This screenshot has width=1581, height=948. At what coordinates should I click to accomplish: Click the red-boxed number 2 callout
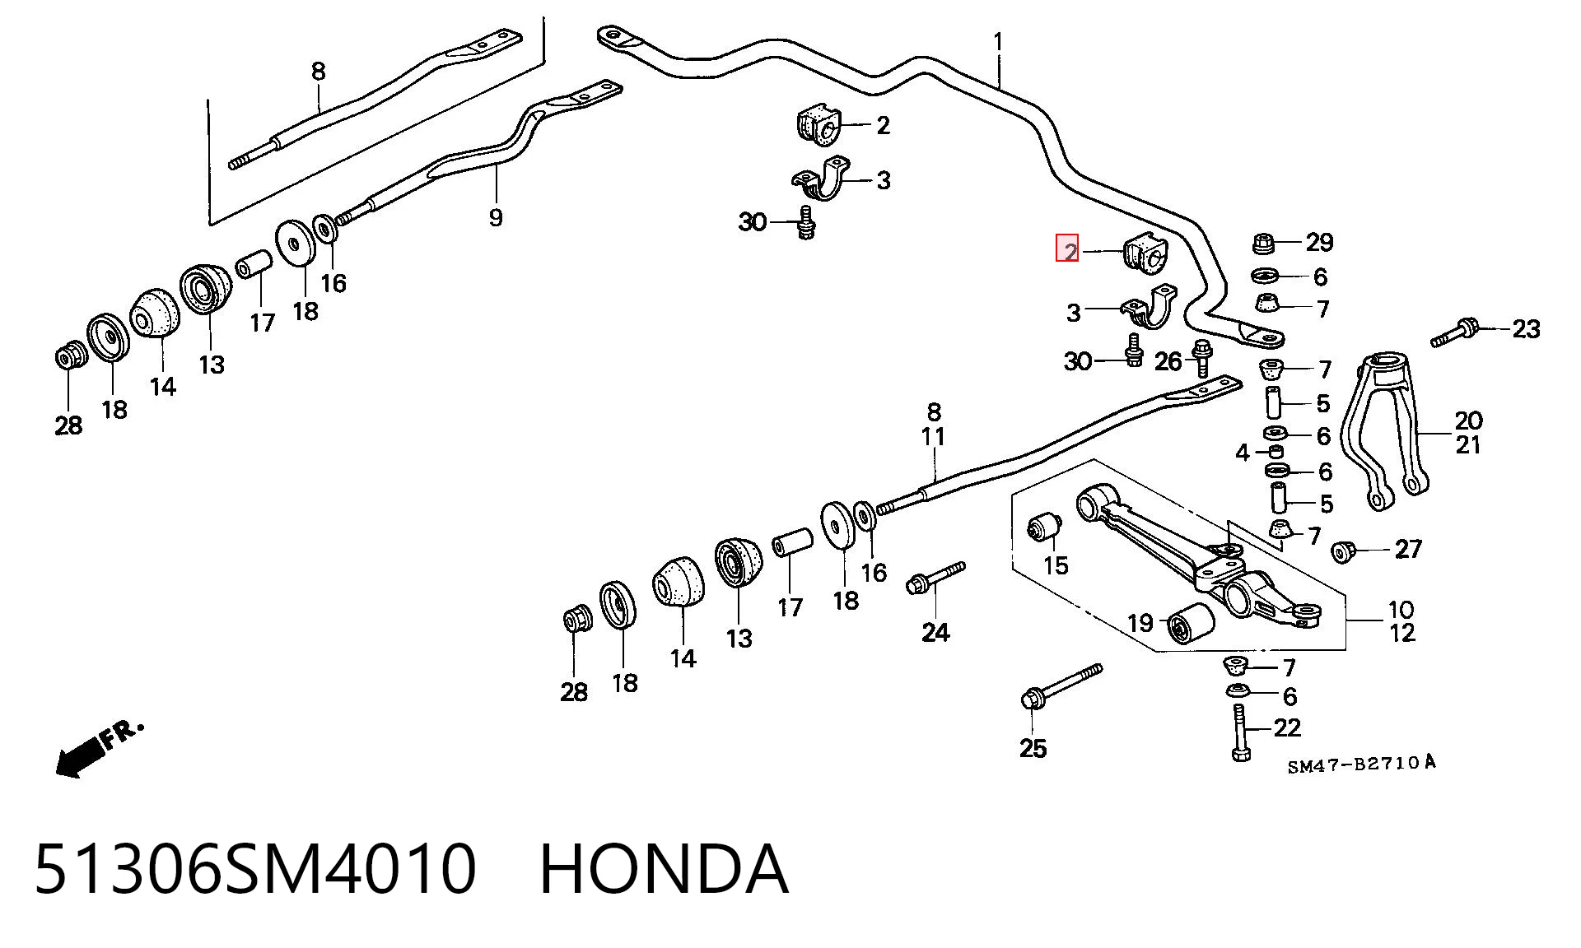[1067, 249]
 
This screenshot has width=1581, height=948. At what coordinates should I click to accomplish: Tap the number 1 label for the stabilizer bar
[999, 41]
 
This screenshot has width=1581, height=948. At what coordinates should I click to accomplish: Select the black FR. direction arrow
[99, 749]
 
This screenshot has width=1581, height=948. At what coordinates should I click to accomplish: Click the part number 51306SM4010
[255, 869]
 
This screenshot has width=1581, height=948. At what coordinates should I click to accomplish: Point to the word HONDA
[664, 869]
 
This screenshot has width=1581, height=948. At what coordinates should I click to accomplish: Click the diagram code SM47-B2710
[1362, 764]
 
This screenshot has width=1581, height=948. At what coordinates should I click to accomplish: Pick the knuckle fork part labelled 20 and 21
[1386, 430]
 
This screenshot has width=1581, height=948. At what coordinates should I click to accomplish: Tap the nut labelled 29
[1264, 244]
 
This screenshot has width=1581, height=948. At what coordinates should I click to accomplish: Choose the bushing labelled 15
[1046, 527]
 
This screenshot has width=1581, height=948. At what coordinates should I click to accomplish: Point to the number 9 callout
[495, 217]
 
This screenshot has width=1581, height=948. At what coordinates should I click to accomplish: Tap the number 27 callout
[1408, 548]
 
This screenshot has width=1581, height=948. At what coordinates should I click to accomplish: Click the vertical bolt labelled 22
[1239, 732]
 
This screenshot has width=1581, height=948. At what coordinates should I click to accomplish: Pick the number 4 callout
[1243, 452]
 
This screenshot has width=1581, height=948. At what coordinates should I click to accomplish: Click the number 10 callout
[1401, 610]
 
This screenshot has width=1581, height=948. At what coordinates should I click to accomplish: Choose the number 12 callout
[1401, 633]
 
